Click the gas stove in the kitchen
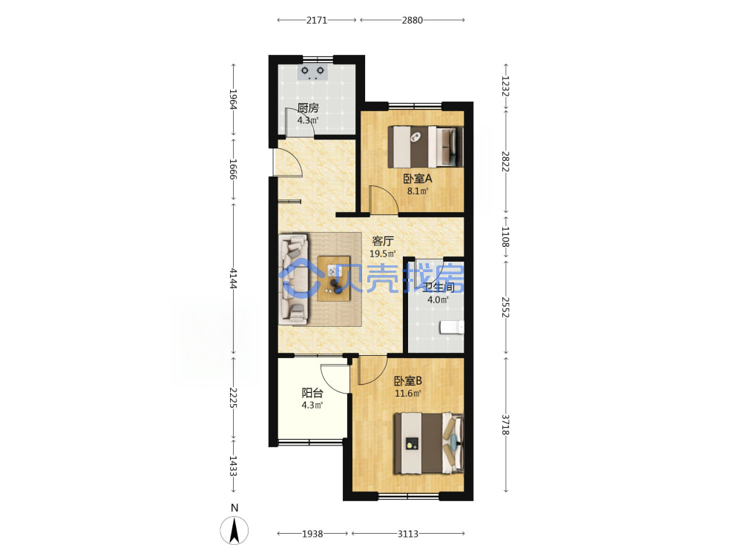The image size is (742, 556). click(312, 73)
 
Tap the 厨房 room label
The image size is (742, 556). click(308, 108)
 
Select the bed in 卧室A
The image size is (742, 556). click(425, 147)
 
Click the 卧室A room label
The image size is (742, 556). click(417, 179)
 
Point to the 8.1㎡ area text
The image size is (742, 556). click(417, 191)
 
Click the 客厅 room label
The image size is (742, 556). click(382, 241)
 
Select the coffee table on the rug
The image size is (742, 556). click(334, 279)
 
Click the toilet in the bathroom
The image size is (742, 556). click(452, 327)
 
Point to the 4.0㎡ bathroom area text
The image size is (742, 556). click(438, 299)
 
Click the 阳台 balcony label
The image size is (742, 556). click(312, 393)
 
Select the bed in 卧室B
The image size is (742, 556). click(429, 443)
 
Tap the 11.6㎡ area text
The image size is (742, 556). click(408, 394)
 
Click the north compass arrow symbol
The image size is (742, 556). click(234, 530)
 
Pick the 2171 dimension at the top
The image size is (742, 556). click(317, 20)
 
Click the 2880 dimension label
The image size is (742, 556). click(412, 20)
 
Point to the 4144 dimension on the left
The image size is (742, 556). click(233, 278)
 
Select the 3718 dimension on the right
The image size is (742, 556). click(505, 425)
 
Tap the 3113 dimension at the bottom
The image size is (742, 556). click(408, 534)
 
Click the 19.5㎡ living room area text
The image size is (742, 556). click(382, 254)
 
